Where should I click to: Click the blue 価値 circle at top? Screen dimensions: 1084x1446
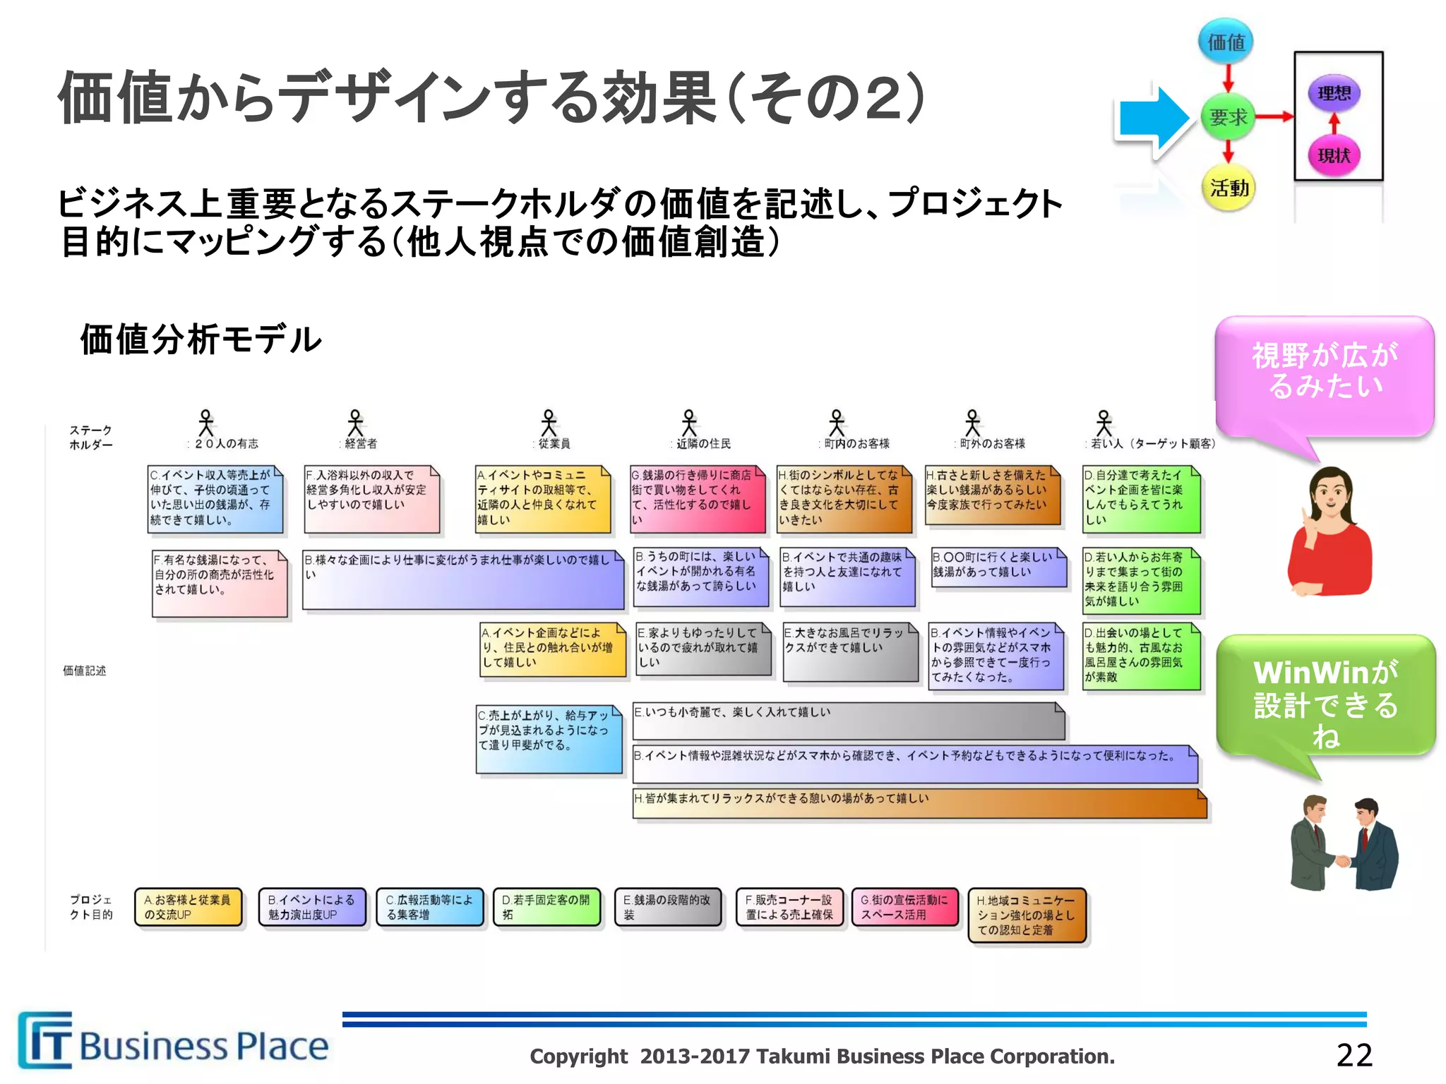(1226, 42)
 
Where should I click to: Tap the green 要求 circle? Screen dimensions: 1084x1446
(1228, 116)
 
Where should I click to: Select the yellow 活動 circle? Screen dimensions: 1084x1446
(1229, 188)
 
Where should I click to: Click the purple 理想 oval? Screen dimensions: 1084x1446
(1334, 93)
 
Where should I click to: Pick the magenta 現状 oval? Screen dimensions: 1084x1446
(1334, 155)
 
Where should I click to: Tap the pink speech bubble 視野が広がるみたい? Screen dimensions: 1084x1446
(1325, 373)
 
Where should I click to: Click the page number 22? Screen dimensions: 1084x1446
(1354, 1055)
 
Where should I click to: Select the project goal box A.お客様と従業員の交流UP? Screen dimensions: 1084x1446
(189, 908)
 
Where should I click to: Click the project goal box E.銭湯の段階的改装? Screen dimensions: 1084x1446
(668, 908)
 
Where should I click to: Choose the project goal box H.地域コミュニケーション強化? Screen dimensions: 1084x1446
(1027, 915)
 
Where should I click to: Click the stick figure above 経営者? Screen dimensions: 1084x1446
(355, 423)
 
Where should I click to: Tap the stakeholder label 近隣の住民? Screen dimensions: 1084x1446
(703, 444)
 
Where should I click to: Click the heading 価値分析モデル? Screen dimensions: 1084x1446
(201, 339)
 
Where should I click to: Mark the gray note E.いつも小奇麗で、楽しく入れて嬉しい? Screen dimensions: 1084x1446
(847, 721)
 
